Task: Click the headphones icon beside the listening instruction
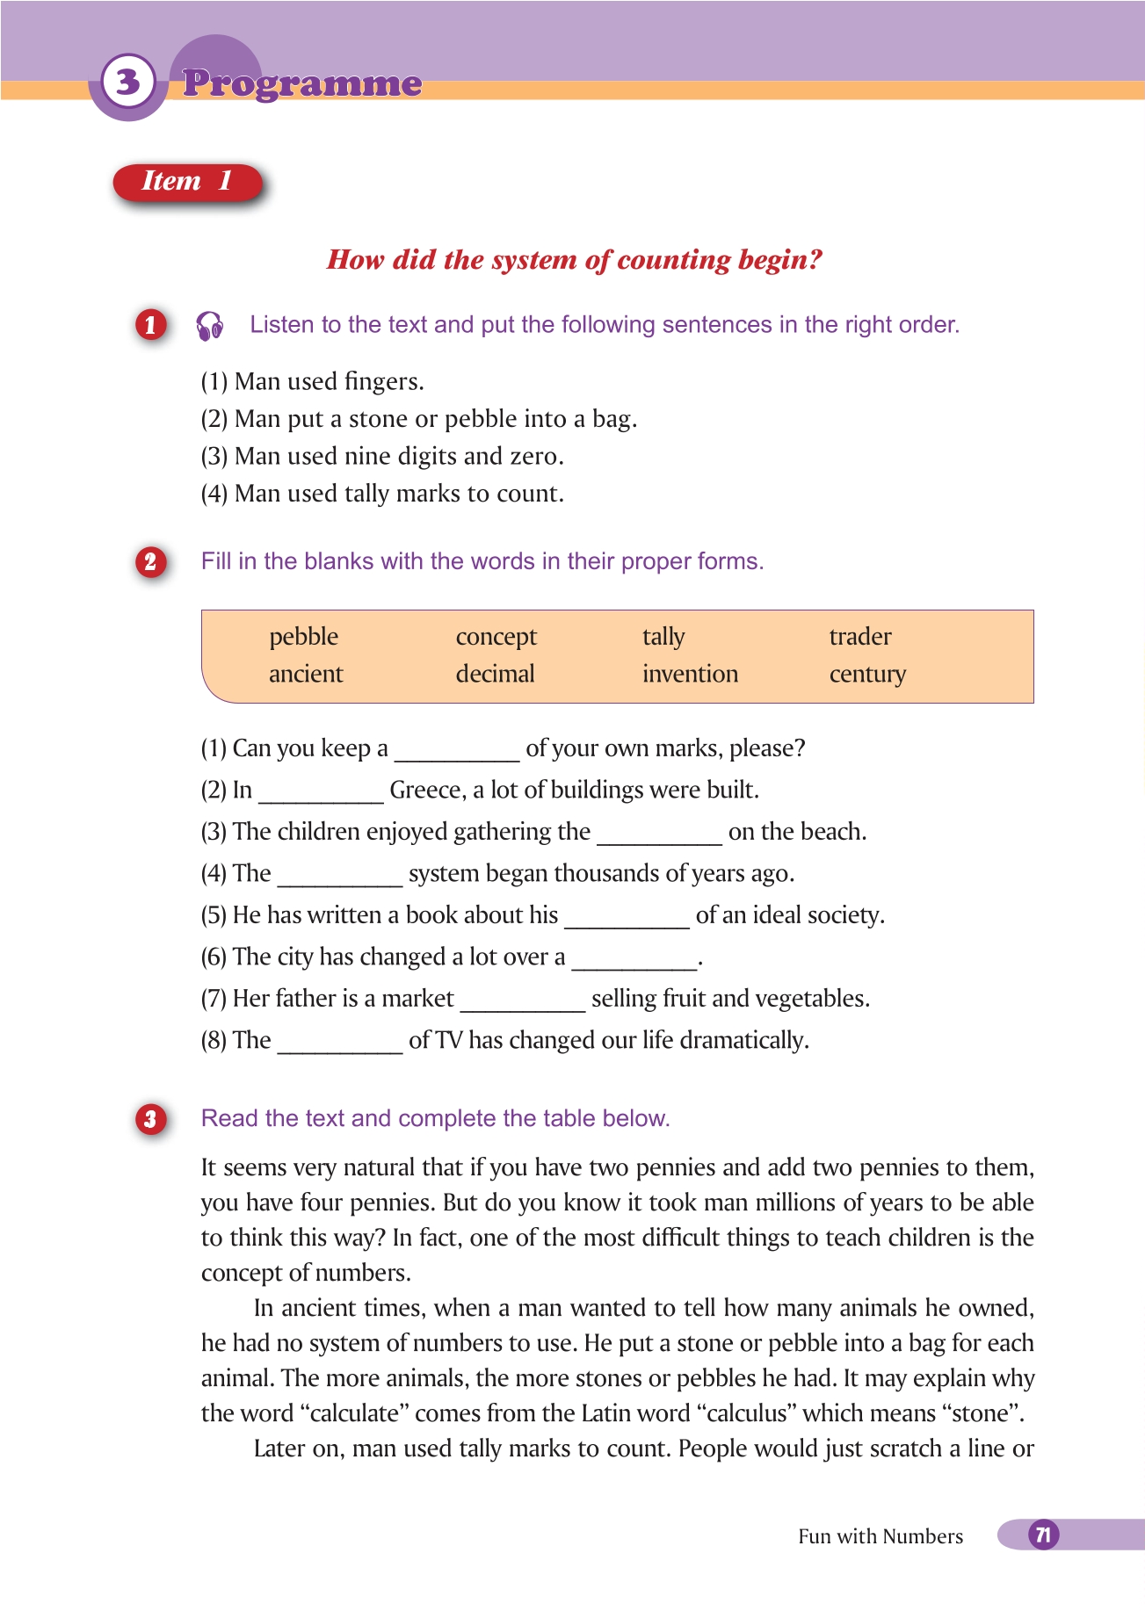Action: click(210, 326)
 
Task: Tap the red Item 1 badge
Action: click(187, 182)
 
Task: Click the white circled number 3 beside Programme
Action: click(128, 82)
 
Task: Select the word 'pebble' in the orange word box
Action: click(303, 636)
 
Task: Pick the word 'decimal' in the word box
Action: click(495, 674)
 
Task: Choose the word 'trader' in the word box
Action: click(859, 636)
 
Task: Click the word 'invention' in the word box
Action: click(690, 674)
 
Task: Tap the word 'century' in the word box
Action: click(866, 675)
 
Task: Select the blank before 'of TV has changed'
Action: click(340, 1043)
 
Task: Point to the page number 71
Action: click(1043, 1535)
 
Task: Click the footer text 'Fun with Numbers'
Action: click(880, 1536)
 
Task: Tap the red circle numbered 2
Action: click(150, 561)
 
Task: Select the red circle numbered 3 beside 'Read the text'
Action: click(151, 1119)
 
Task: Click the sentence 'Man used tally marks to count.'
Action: click(399, 494)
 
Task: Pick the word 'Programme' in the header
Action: click(302, 83)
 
